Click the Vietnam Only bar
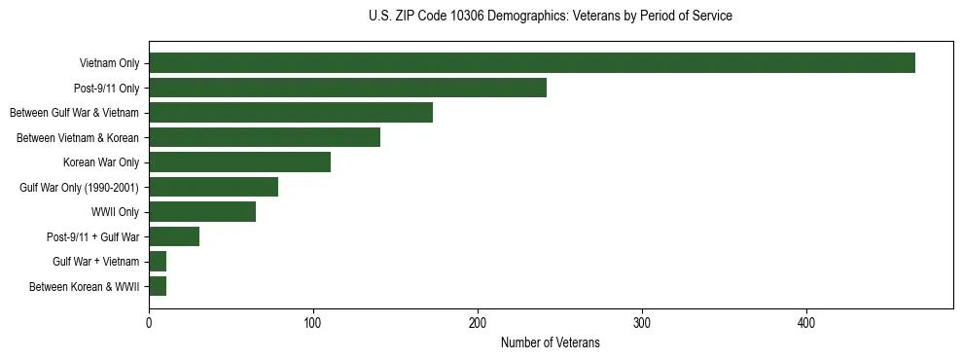pyautogui.click(x=531, y=63)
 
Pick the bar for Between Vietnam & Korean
pyautogui.click(x=264, y=137)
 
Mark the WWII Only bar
pyautogui.click(x=202, y=212)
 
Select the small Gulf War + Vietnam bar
pyautogui.click(x=158, y=262)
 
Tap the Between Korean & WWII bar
pyautogui.click(x=158, y=286)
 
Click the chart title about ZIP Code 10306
pyautogui.click(x=551, y=17)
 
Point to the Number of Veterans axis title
pyautogui.click(x=551, y=343)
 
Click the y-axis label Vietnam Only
pyautogui.click(x=109, y=64)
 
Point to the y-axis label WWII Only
pyautogui.click(x=115, y=212)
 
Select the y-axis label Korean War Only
pyautogui.click(x=101, y=162)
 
